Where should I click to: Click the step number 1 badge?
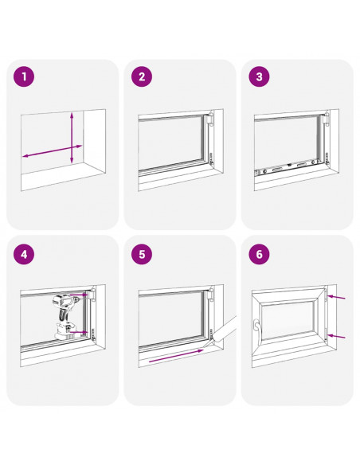point(24,76)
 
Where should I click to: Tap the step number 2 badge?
point(142,76)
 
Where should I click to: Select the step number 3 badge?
point(259,76)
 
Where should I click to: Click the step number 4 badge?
point(24,254)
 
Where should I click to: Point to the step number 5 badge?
point(142,254)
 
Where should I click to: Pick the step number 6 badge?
point(259,254)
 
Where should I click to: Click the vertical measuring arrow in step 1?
point(72,139)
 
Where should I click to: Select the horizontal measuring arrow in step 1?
point(53,151)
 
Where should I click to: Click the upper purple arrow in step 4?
point(79,295)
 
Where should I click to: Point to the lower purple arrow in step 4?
point(79,333)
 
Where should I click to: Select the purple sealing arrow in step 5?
point(176,356)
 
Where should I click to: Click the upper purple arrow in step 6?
point(337,296)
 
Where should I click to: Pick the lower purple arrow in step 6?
point(337,336)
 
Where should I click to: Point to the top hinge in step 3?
point(327,119)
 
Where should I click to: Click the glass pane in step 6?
point(288,319)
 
